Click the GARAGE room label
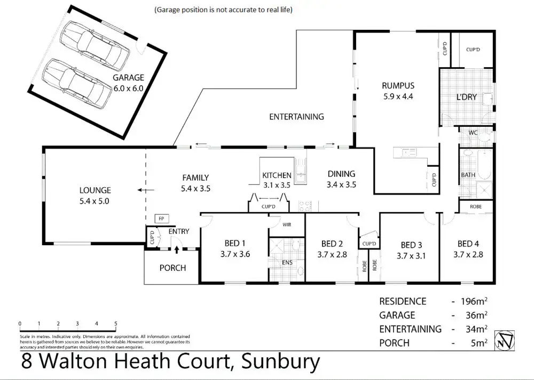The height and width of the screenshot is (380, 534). point(128,78)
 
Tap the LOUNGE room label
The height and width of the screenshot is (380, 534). point(95,190)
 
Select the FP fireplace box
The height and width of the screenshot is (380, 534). point(160,219)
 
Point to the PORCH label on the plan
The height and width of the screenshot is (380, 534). point(172,268)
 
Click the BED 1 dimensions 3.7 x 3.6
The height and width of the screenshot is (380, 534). point(235,254)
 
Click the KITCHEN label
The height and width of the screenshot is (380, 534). point(277,175)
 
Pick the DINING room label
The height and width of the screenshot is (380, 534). point(341,174)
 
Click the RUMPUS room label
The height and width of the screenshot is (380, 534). point(398,85)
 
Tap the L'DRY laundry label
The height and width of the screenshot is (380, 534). point(466,98)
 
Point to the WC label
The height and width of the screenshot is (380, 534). point(473,133)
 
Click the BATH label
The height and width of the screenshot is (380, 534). point(468,175)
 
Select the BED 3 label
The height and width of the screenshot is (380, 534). point(411,245)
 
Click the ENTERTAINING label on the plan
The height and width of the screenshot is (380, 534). point(296,117)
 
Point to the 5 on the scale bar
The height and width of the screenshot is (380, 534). point(115,324)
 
